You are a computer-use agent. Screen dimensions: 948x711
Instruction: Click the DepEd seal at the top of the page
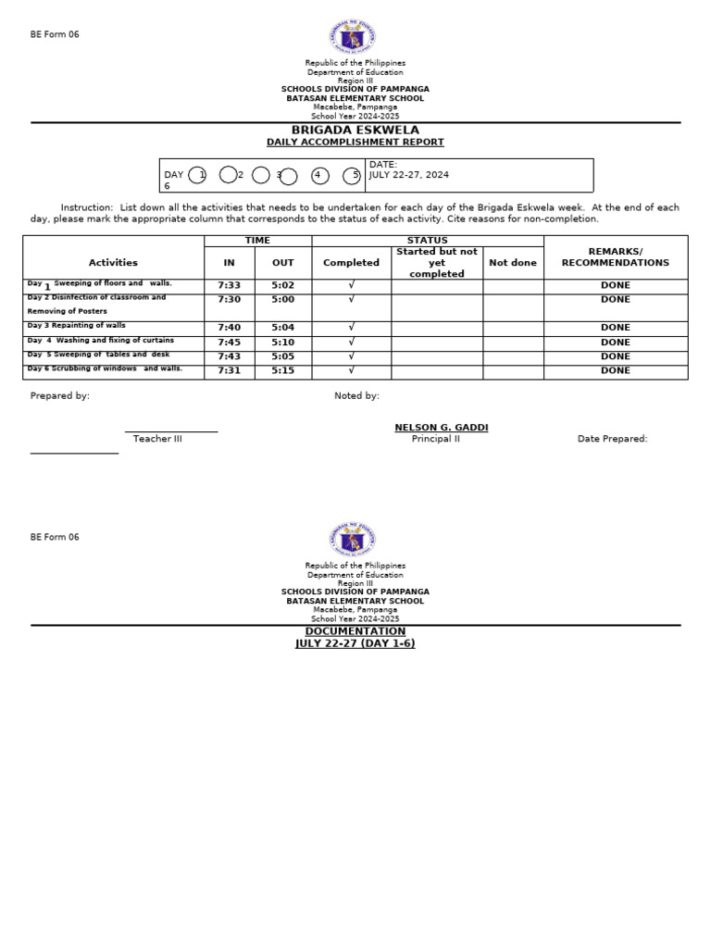pyautogui.click(x=352, y=37)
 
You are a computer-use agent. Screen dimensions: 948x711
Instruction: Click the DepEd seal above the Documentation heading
pyautogui.click(x=352, y=539)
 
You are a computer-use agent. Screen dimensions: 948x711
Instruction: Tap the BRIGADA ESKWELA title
pyautogui.click(x=355, y=131)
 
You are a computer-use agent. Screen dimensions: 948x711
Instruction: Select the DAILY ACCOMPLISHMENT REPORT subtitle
pyautogui.click(x=355, y=143)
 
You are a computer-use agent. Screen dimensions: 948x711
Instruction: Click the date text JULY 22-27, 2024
pyautogui.click(x=408, y=174)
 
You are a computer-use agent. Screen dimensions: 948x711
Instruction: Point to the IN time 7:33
pyautogui.click(x=229, y=286)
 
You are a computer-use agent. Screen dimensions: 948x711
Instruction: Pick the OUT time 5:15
pyautogui.click(x=282, y=371)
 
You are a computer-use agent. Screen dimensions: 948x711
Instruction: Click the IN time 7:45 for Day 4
pyautogui.click(x=229, y=343)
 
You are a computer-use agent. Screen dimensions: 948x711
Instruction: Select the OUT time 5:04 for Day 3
pyautogui.click(x=282, y=328)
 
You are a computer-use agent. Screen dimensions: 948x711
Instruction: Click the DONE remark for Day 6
pyautogui.click(x=615, y=371)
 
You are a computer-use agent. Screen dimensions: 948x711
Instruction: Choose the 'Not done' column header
pyautogui.click(x=512, y=263)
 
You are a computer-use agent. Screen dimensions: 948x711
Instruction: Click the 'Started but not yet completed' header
pyautogui.click(x=436, y=263)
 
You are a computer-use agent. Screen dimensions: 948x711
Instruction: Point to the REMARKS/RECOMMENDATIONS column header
pyautogui.click(x=615, y=257)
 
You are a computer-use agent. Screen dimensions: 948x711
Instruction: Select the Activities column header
pyautogui.click(x=113, y=263)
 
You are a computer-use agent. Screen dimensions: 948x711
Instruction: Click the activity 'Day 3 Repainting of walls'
pyautogui.click(x=77, y=326)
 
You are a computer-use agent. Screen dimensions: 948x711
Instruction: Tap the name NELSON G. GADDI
pyautogui.click(x=441, y=428)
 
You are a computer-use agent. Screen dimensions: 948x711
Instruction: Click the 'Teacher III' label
pyautogui.click(x=157, y=439)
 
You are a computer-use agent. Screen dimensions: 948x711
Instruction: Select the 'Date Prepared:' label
pyautogui.click(x=612, y=439)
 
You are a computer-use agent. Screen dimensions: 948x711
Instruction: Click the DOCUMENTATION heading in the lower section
pyautogui.click(x=355, y=631)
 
